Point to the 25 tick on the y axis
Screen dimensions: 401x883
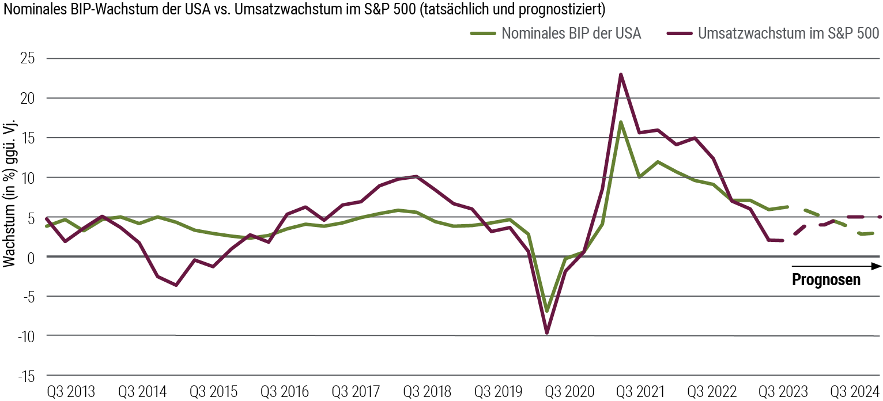[x=27, y=59]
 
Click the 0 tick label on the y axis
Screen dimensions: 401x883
[x=31, y=257]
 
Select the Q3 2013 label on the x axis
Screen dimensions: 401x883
[x=71, y=392]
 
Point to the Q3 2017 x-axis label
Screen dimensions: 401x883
[x=355, y=392]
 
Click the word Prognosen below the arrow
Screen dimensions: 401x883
[x=826, y=280]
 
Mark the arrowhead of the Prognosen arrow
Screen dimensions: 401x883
[x=876, y=266]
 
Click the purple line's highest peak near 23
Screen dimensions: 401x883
[x=620, y=74]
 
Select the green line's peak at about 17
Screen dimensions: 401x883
[x=620, y=122]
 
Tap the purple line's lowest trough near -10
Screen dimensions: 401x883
[x=546, y=332]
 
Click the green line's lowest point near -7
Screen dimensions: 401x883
[x=546, y=311]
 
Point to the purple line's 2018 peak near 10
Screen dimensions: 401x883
[x=416, y=176]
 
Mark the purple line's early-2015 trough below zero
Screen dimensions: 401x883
[x=176, y=285]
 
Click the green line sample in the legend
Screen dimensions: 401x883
[x=482, y=33]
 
